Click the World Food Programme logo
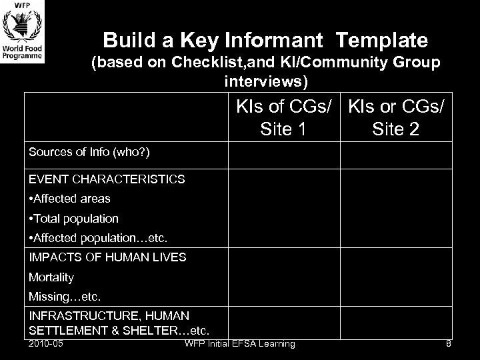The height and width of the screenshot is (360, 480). point(23,34)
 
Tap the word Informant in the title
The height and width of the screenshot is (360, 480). point(274,41)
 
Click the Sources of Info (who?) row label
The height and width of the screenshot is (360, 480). point(89,152)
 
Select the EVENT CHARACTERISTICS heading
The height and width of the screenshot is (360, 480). point(107,179)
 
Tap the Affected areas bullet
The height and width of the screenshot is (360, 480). point(69,199)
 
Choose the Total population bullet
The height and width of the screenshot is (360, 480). point(73,219)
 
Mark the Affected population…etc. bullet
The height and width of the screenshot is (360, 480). point(97,238)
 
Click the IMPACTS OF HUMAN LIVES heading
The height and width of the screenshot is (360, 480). point(107,257)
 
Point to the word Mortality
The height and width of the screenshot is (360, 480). point(51,277)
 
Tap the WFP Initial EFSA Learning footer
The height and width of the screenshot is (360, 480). point(240,344)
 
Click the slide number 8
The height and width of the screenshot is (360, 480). point(448,344)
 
